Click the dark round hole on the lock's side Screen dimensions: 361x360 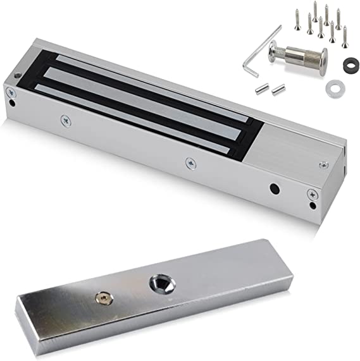tap(274, 189)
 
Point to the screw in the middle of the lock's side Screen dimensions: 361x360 tap(189, 162)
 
